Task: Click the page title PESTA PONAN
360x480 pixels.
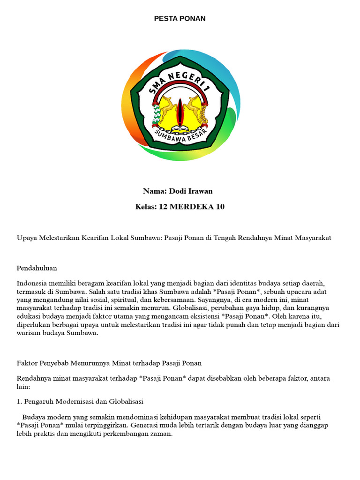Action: (x=180, y=19)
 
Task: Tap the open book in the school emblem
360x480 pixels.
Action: (x=180, y=128)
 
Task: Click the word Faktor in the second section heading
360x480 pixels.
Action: (x=27, y=363)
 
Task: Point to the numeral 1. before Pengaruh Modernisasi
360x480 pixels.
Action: (x=20, y=401)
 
